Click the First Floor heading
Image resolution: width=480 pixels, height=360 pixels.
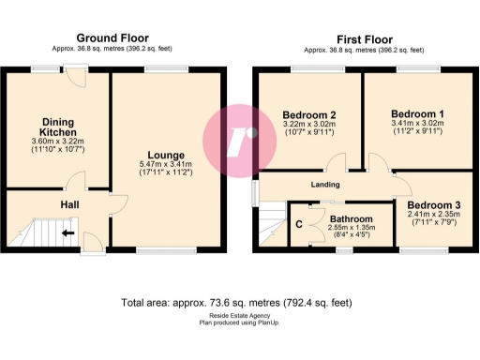[364, 38]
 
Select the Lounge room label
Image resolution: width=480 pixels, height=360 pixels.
[166, 155]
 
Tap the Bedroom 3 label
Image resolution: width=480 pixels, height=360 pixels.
[434, 204]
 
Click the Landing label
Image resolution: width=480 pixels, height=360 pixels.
[324, 185]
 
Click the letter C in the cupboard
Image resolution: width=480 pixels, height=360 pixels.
[298, 224]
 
